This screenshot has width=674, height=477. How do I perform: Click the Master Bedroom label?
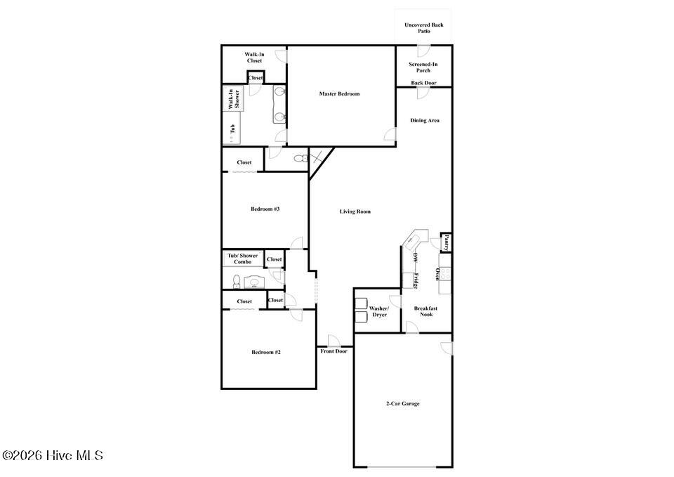pos(339,93)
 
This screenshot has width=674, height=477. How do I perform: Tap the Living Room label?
pos(355,211)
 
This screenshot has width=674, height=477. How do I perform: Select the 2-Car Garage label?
pos(403,404)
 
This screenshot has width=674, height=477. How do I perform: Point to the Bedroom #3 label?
pos(265,209)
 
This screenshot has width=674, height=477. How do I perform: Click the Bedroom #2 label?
pos(266,352)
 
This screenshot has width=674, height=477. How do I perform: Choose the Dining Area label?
pos(425,121)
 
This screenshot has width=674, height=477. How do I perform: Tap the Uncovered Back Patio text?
pos(424,28)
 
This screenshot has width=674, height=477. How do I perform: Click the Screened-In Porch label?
pos(423,67)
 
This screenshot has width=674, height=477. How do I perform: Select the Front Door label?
pos(334,351)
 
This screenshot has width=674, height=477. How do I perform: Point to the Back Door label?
pos(424,83)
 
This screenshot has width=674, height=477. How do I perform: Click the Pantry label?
pos(447,242)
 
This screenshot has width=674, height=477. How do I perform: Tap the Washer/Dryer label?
pos(379,312)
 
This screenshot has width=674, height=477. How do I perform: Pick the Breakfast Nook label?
pos(426,311)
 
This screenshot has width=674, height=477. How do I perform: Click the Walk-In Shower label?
pos(234,99)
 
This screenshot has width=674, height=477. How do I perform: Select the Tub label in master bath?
pos(232,128)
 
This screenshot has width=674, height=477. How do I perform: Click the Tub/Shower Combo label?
pos(243,259)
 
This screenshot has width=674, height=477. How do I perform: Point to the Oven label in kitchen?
pos(437,274)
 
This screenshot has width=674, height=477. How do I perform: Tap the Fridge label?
pos(416,281)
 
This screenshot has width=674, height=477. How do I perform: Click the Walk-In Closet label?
pos(254,58)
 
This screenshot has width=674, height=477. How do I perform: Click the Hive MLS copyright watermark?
pos(53,455)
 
